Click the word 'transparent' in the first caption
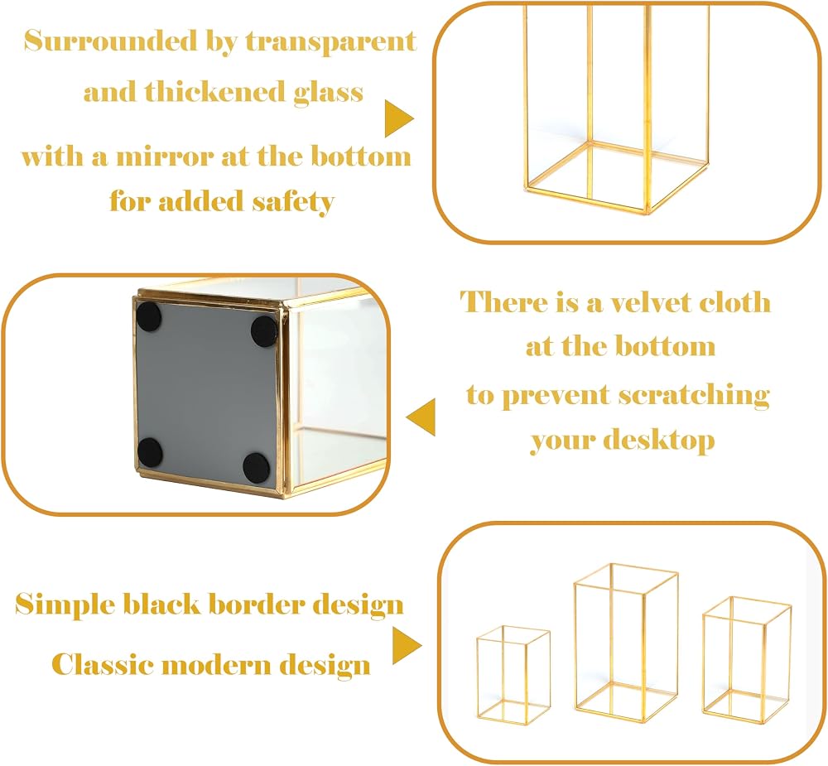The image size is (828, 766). [x=331, y=41]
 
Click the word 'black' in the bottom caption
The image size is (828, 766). [x=161, y=604]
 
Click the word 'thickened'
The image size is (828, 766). [x=214, y=92]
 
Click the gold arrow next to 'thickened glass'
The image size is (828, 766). [x=398, y=118]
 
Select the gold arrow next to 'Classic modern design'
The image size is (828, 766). [x=406, y=646]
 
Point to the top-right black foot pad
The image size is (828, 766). [x=264, y=330]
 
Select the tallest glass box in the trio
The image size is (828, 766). [x=626, y=643]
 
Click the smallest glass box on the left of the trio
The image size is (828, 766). [x=513, y=675]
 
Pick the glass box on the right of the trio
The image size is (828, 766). [x=746, y=660]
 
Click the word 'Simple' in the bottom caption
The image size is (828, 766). [x=65, y=605]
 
